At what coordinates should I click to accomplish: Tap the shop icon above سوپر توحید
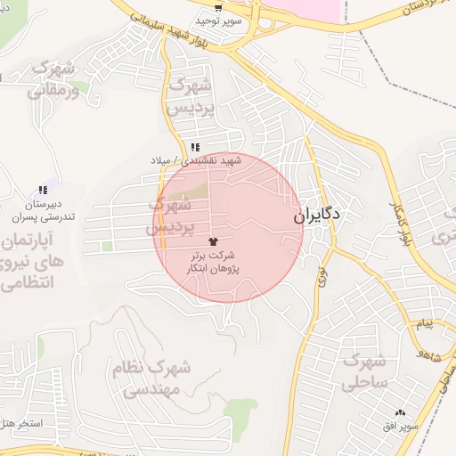coord(217,7)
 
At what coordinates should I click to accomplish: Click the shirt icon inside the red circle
coord(212,240)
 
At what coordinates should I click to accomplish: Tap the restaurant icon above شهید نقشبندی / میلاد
coord(194,147)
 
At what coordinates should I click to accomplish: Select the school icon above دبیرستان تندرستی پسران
coord(43,190)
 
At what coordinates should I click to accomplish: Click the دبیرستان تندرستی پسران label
coord(43,210)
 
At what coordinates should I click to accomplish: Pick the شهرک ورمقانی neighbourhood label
coord(53,78)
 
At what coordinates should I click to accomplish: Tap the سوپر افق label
coord(398,427)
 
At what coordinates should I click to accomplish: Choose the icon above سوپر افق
coord(400,412)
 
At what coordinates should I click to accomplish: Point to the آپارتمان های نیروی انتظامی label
coord(36,263)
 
